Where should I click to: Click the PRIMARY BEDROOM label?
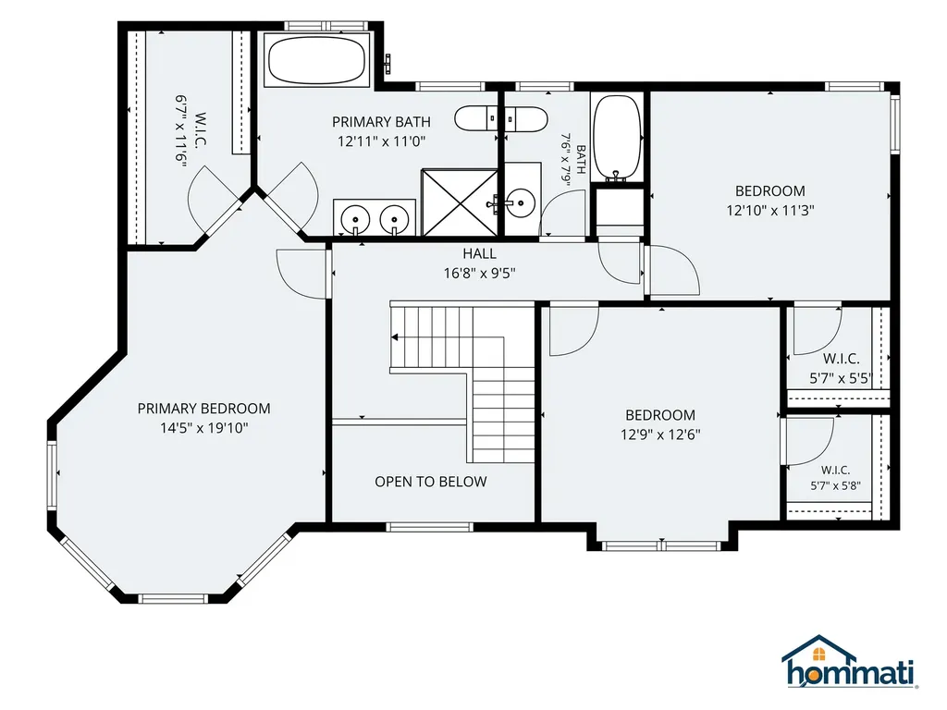[204, 409]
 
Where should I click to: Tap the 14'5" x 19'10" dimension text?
[204, 428]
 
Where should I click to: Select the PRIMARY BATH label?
[381, 122]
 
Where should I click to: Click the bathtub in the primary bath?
[317, 60]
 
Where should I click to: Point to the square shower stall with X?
[460, 202]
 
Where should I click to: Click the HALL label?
[480, 253]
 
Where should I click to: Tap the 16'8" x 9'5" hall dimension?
[480, 273]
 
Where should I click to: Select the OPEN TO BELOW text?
[431, 482]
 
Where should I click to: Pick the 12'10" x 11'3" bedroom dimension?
[770, 210]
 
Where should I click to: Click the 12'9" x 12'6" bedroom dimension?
[660, 435]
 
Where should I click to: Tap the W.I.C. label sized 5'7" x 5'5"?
[842, 360]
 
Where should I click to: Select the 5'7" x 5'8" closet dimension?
[836, 485]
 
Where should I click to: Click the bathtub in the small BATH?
[617, 138]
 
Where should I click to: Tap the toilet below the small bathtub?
[619, 212]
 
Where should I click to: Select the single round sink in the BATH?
[520, 201]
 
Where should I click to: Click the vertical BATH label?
[581, 159]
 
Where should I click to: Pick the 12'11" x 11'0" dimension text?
[381, 141]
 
